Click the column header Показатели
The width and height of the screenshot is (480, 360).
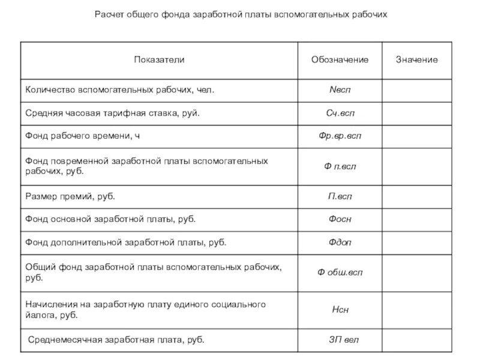[x=159, y=60]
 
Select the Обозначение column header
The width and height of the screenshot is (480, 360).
[x=340, y=60]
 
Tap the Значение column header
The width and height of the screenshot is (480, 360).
[x=416, y=60]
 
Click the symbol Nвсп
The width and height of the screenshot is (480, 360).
[x=340, y=90]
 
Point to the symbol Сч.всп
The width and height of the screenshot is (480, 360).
[x=340, y=113]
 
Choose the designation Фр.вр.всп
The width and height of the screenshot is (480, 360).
[x=340, y=136]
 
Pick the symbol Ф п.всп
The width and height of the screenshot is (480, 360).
[x=340, y=166]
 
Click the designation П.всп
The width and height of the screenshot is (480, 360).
[x=340, y=196]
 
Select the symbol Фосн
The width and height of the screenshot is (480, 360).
[x=340, y=220]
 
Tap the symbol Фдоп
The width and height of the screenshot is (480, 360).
[x=340, y=243]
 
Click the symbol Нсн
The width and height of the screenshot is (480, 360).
[x=340, y=310]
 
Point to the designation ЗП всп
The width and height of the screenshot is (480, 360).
[x=340, y=340]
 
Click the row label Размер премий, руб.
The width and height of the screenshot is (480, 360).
[x=70, y=196]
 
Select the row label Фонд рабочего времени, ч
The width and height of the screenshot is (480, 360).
[x=82, y=136]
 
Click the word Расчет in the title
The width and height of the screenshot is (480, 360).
[x=109, y=14]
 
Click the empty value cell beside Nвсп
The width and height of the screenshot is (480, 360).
[x=416, y=90]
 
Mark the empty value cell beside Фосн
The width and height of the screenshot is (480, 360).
[x=416, y=220]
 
